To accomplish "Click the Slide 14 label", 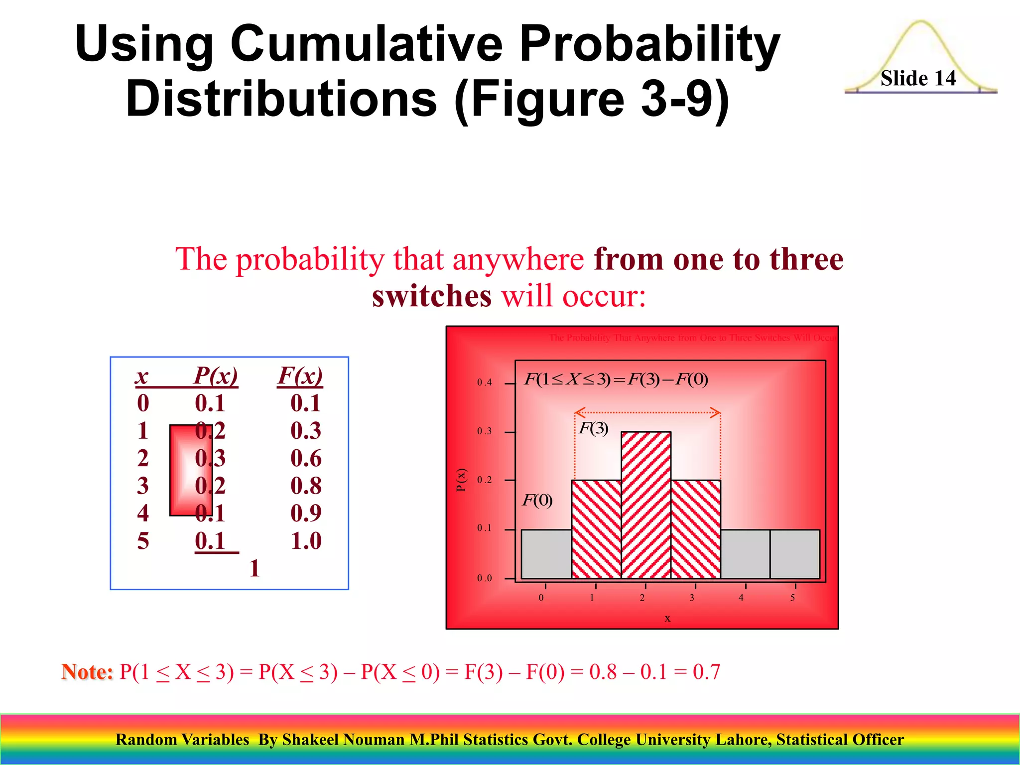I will (918, 78).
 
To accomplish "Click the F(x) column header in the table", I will (300, 376).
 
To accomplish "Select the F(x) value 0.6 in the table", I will (306, 458).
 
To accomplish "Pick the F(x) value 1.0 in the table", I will (306, 541).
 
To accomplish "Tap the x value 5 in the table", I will (143, 541).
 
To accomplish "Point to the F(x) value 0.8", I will (306, 486).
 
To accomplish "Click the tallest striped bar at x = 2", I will (646, 505).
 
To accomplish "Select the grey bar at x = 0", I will (546, 554).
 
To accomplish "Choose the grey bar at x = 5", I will (795, 554).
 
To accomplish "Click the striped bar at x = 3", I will (696, 529).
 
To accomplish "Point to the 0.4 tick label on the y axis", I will (484, 382).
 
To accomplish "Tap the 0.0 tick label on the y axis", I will (484, 578).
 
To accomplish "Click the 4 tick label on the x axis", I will (741, 598).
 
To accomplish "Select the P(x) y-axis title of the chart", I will (462, 480).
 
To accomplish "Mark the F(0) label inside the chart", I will (537, 500).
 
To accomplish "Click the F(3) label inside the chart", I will (593, 428).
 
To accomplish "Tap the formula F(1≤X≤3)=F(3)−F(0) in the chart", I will (616, 380).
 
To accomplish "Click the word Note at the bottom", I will (87, 672).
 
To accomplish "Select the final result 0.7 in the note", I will (706, 672).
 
